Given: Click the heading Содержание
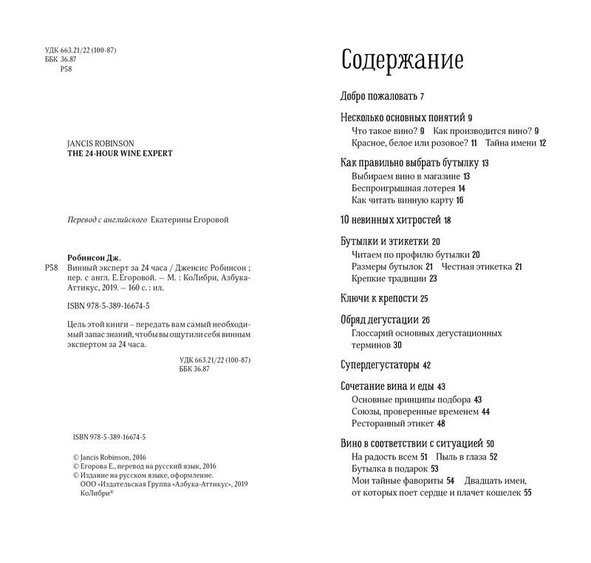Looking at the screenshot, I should click(x=402, y=60).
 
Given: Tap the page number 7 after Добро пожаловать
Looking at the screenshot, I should click(x=422, y=96).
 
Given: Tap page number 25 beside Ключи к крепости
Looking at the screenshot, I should click(x=425, y=298).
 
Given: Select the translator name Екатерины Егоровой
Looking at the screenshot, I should click(x=191, y=219).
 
